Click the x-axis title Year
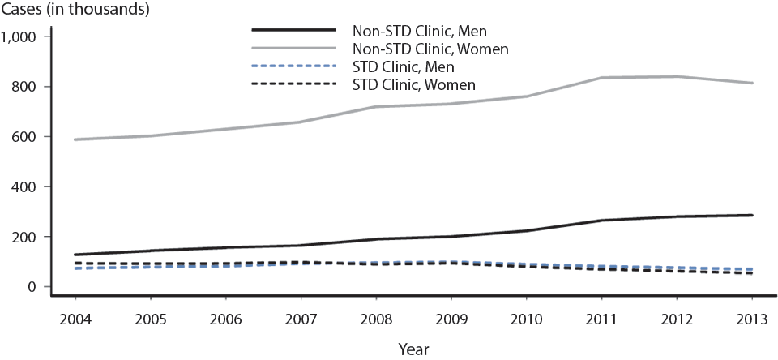coord(413,349)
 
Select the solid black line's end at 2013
coord(752,216)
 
